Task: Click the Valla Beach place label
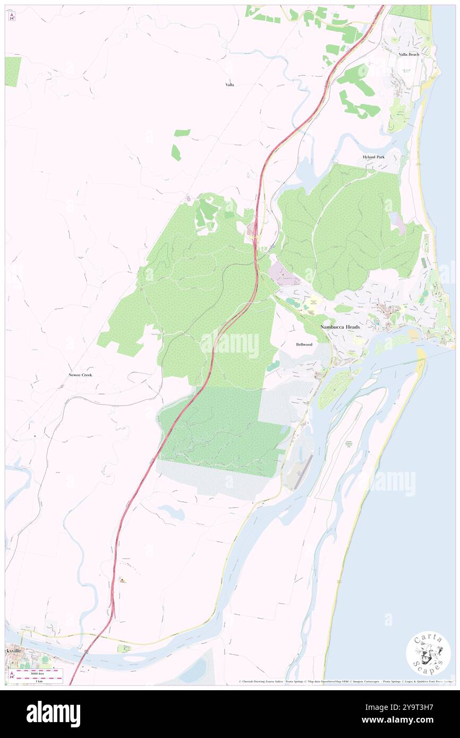point(409,55)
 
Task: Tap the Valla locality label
point(229,84)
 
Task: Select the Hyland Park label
point(373,157)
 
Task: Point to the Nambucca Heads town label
point(340,327)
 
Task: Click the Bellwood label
point(304,345)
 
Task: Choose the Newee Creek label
point(80,375)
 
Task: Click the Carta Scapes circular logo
point(428,653)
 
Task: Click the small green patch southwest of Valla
point(176,153)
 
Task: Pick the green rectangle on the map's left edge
point(13,71)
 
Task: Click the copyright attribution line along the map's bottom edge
point(345,682)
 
